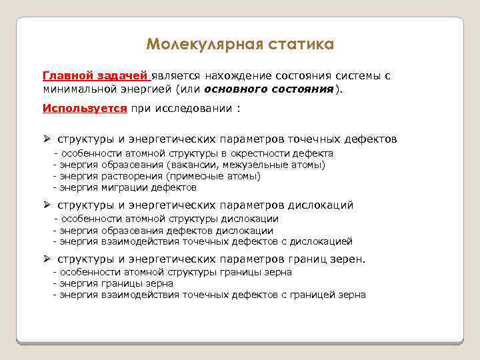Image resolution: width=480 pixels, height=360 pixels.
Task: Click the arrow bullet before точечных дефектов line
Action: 47,139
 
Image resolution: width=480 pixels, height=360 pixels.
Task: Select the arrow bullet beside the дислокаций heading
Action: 47,205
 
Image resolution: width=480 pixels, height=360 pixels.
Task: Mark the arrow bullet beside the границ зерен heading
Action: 47,259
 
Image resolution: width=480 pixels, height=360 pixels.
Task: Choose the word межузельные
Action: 261,165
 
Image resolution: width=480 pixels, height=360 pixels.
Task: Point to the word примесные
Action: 194,176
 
